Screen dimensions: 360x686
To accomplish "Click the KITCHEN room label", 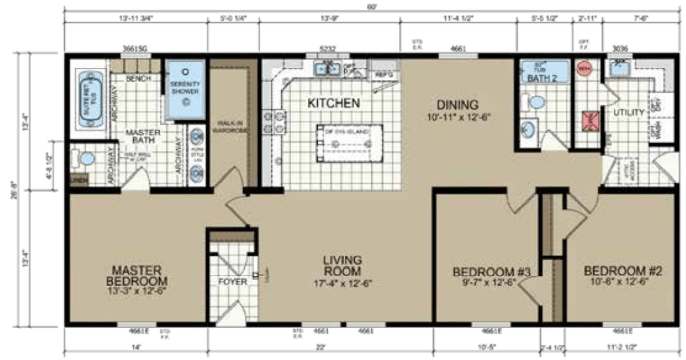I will coord(334,103).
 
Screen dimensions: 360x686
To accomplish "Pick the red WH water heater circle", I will coord(584,69).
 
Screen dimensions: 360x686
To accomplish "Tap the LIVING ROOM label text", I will coord(342,265).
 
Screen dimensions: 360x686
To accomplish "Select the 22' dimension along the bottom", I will coord(320,346).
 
